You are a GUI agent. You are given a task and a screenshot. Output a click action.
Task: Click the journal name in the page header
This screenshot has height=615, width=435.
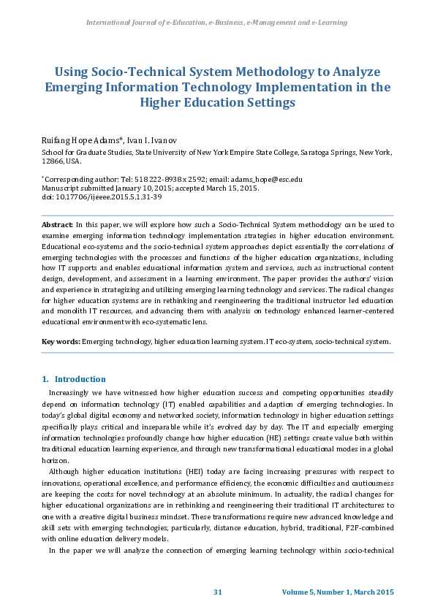pos(217,23)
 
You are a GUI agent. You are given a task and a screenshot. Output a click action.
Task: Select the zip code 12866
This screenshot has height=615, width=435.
pos(52,161)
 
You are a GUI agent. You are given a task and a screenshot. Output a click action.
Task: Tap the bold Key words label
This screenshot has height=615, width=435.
pos(61,341)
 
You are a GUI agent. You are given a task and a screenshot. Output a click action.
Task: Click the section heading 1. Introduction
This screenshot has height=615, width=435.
pos(74,379)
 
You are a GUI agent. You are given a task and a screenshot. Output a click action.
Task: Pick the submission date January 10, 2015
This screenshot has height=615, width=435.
pos(149,188)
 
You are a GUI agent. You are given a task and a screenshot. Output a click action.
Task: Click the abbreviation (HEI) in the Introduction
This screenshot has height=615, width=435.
pos(183,472)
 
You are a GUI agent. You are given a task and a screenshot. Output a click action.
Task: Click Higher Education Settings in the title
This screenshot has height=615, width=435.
pos(217,102)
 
